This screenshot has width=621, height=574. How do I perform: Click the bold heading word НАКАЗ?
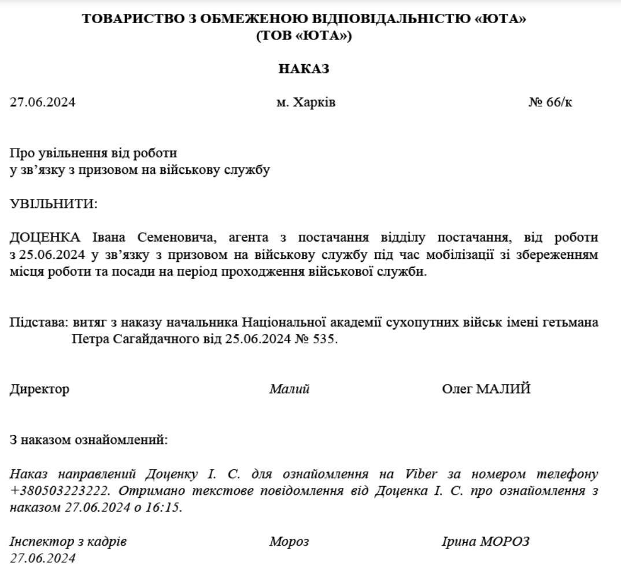tap(304, 69)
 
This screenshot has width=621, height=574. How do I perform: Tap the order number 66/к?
tap(559, 103)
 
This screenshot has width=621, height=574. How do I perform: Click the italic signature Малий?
tap(289, 390)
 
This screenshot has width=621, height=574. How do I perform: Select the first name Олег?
tap(456, 390)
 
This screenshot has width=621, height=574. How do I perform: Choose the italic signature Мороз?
tap(289, 542)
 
